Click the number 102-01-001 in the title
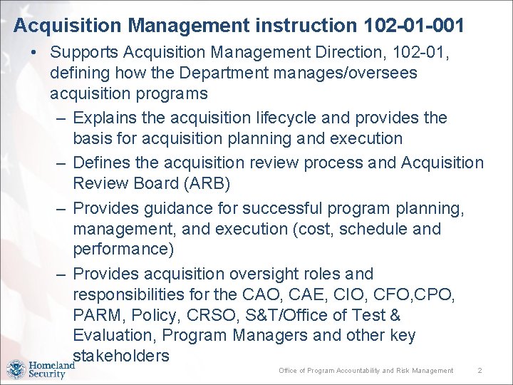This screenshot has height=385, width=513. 413,26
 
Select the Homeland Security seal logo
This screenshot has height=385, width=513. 16,369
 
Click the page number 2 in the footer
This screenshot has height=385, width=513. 480,371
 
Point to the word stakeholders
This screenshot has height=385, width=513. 121,356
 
